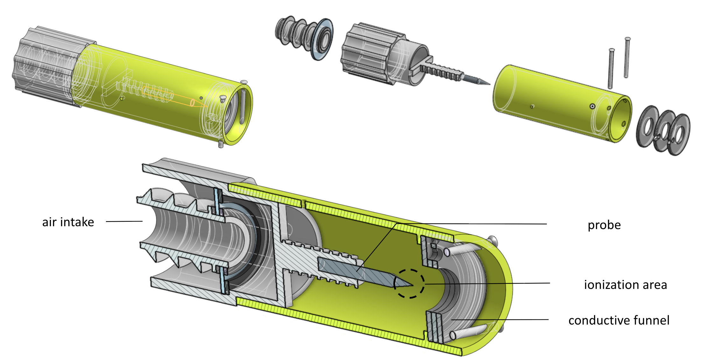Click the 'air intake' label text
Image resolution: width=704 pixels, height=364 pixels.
(68, 222)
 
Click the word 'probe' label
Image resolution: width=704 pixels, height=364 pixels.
(604, 225)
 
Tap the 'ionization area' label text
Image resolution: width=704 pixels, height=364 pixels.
(625, 284)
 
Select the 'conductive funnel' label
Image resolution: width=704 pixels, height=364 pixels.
(619, 320)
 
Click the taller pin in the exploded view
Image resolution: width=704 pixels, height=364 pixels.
(627, 57)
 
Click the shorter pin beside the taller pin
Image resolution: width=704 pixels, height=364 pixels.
(611, 68)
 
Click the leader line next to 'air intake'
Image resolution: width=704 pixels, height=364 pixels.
(124, 221)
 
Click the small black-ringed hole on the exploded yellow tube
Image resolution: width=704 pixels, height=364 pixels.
(592, 106)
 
